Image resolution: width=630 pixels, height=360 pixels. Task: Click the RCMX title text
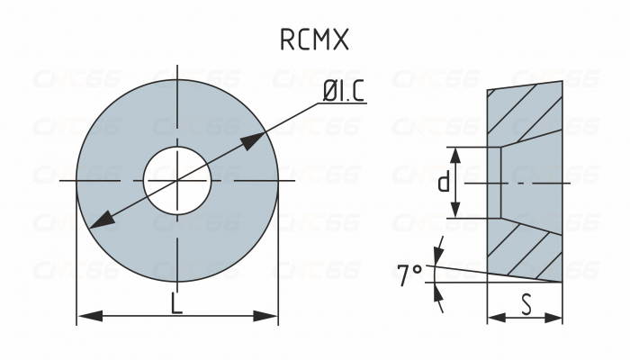tap(314, 40)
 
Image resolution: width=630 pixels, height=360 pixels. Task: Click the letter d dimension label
tap(443, 183)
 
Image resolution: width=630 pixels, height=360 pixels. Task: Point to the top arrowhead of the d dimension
tap(456, 156)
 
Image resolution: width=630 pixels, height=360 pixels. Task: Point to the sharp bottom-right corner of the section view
tap(562, 281)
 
